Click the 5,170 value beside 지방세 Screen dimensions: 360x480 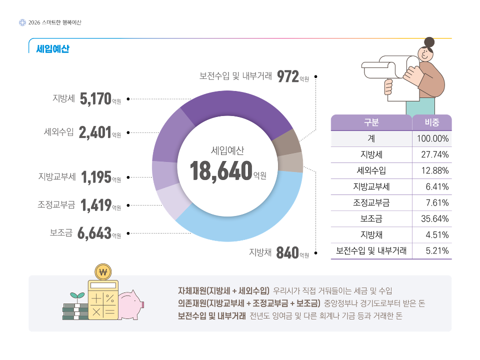click(x=95, y=98)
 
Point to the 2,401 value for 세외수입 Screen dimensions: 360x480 click(x=94, y=132)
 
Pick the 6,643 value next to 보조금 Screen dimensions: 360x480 click(x=94, y=233)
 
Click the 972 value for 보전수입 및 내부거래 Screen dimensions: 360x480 click(x=287, y=76)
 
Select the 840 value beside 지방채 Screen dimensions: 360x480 click(x=287, y=253)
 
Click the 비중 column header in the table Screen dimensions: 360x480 click(x=431, y=122)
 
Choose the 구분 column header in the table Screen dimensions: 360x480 click(x=371, y=122)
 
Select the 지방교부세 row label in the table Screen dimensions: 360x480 click(x=371, y=186)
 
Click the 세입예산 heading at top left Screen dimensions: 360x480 click(x=52, y=49)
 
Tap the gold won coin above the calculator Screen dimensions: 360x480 click(x=103, y=272)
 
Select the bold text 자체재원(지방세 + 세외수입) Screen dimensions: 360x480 click(x=224, y=290)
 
